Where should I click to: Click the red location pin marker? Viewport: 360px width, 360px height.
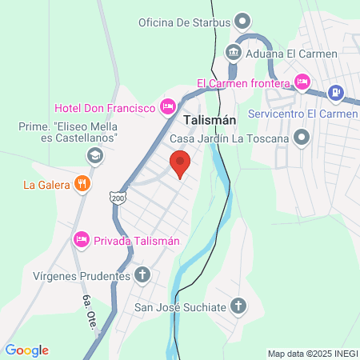[181, 164]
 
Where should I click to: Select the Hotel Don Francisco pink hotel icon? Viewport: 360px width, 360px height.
[167, 106]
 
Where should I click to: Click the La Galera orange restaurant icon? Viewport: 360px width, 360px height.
[82, 185]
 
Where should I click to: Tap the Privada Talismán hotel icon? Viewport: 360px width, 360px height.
[81, 240]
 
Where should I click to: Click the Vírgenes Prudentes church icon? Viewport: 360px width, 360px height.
[142, 276]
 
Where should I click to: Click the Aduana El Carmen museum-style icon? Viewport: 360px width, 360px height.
[233, 53]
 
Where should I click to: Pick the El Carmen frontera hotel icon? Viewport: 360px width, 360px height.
[302, 81]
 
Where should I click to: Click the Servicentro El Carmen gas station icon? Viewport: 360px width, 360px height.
[337, 93]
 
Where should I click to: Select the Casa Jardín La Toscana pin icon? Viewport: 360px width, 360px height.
[302, 138]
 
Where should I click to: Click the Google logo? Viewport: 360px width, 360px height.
[26, 350]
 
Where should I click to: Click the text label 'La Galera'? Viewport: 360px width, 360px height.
[46, 186]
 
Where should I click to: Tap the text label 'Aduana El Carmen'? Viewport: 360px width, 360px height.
[292, 54]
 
